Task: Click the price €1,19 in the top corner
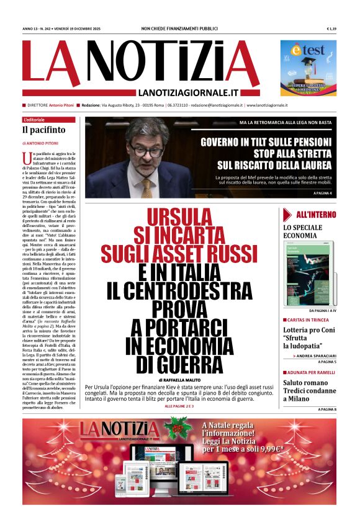pyautogui.click(x=331, y=29)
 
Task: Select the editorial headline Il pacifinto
pyautogui.click(x=43, y=130)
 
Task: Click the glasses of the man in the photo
pyautogui.click(x=147, y=149)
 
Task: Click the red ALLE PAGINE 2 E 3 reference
pyautogui.click(x=179, y=406)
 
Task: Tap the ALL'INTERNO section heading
pyautogui.click(x=316, y=215)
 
